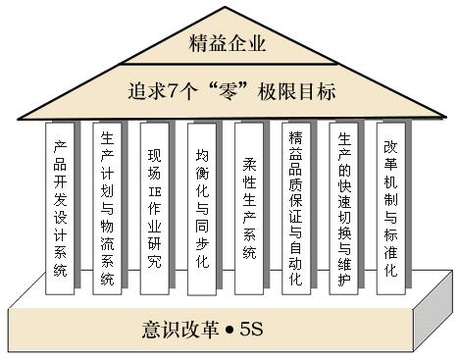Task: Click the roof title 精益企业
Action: [x=227, y=44]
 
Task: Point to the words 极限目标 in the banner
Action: [x=301, y=92]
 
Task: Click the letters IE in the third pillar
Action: [x=154, y=194]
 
